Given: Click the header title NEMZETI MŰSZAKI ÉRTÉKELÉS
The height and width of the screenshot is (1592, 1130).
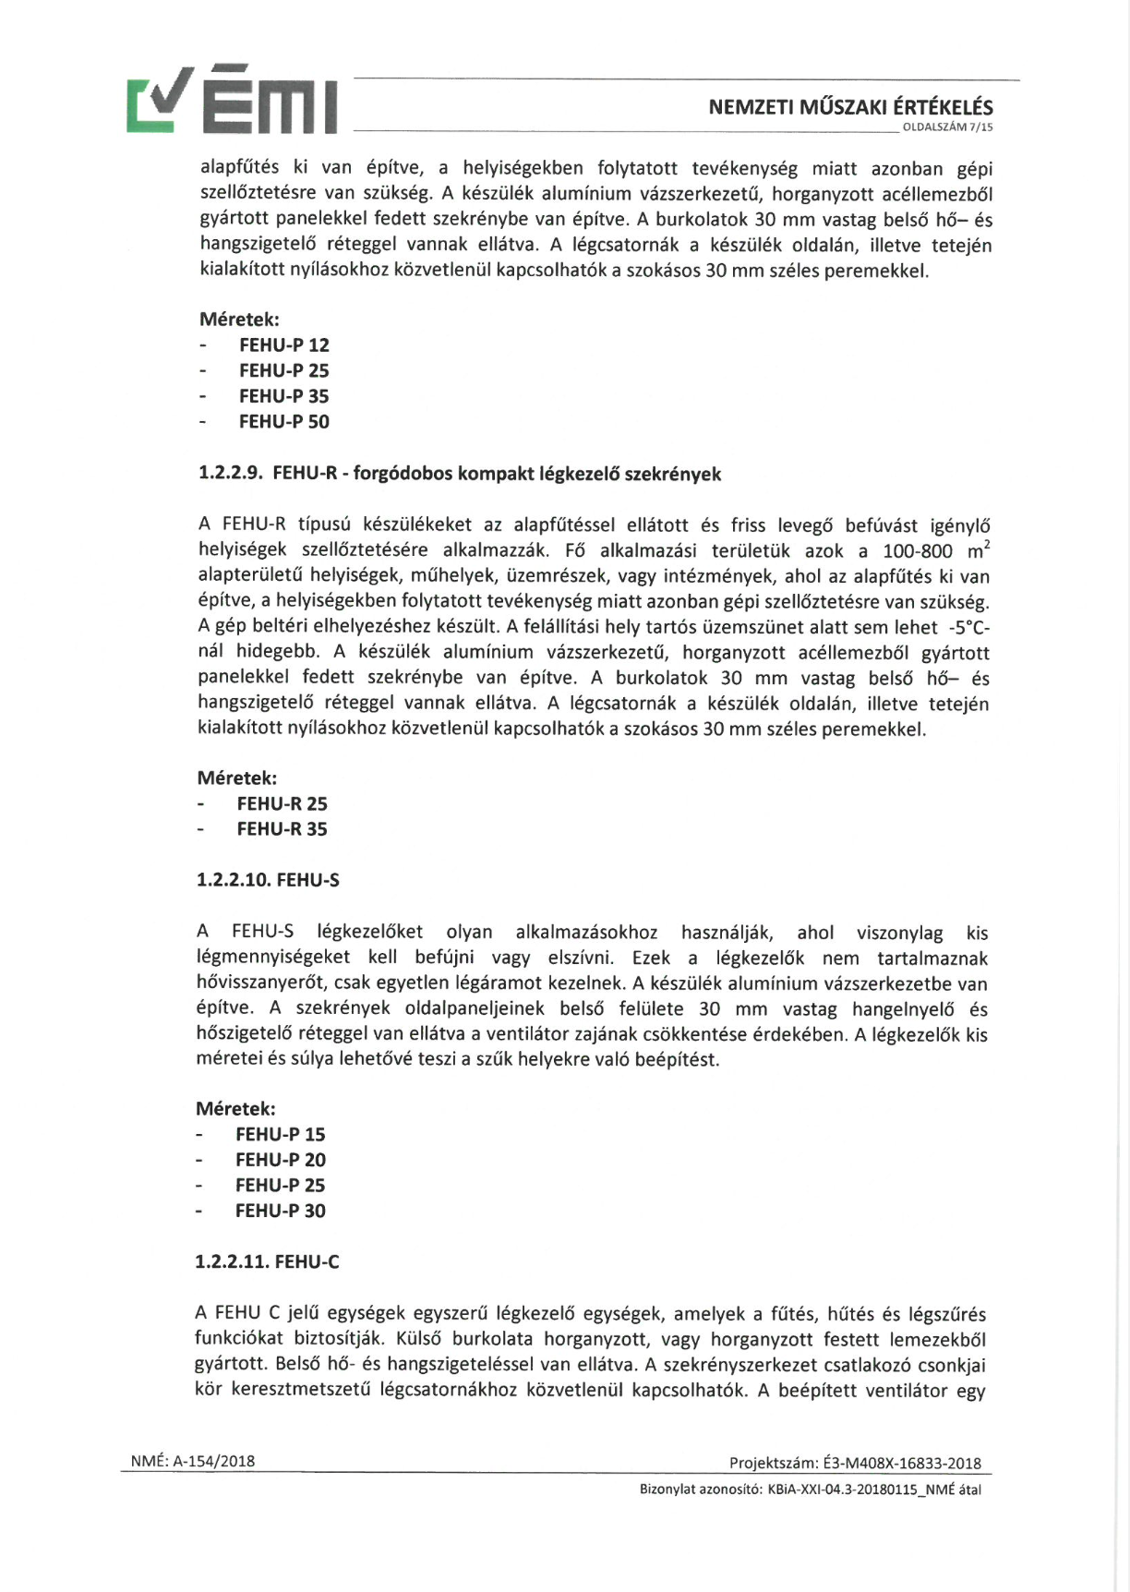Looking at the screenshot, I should click(850, 107).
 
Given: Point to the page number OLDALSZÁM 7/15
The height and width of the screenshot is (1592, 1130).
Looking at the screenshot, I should click(946, 127).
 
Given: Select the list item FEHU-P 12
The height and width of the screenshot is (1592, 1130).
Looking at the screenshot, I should click(283, 345).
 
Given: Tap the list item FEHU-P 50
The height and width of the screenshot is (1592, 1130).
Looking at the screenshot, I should click(283, 422).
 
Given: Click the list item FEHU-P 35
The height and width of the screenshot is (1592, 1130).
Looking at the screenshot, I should click(283, 396).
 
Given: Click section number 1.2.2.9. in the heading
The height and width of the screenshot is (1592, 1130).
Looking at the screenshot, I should click(231, 475).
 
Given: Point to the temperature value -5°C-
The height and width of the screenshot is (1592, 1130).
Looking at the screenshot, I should click(968, 628).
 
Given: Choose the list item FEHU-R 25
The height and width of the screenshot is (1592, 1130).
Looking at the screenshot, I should click(282, 804).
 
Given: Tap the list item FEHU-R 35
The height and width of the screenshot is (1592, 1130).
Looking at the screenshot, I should click(282, 829).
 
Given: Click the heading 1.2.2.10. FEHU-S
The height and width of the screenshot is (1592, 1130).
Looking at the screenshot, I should click(268, 880).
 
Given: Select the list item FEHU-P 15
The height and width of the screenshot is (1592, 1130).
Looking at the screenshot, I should click(280, 1135).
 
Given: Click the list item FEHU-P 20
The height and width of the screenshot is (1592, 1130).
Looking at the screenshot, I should click(280, 1160).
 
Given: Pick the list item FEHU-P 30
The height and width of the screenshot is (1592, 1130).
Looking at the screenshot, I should click(280, 1211).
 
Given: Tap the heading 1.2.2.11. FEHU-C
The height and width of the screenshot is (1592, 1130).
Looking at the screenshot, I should click(267, 1261).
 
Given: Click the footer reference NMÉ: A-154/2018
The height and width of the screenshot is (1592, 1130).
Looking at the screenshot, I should click(193, 1461).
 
